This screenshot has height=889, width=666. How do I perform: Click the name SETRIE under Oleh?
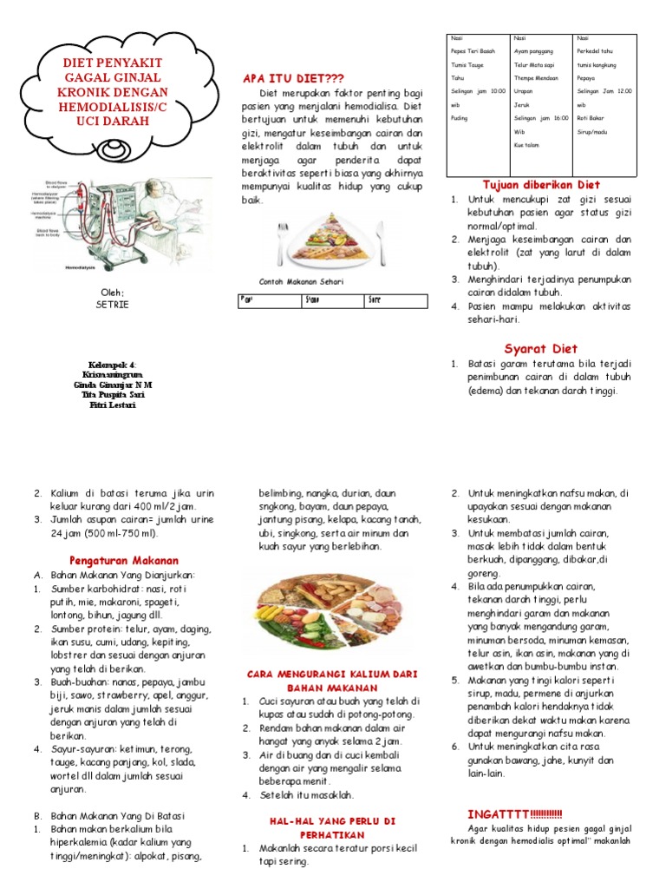111,305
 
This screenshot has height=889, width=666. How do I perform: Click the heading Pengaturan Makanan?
123,560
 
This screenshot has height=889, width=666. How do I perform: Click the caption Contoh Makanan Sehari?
301,281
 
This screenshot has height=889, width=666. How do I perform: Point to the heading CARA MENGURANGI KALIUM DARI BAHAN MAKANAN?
332,680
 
